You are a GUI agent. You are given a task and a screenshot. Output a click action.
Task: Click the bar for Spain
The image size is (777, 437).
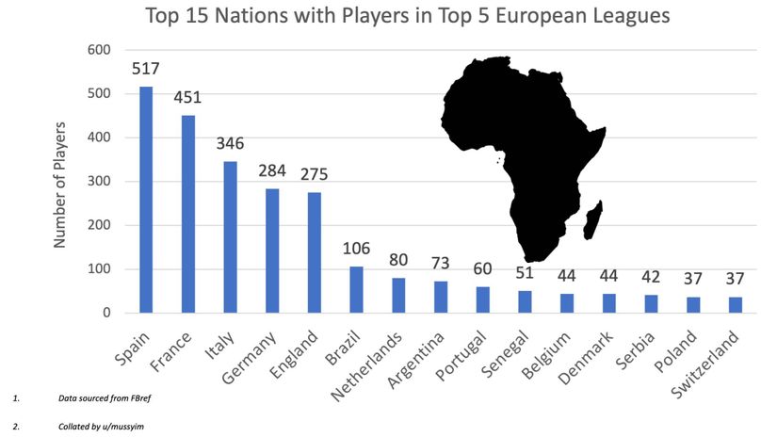point(146,200)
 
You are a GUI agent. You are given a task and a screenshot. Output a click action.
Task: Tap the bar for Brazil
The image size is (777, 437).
point(356,289)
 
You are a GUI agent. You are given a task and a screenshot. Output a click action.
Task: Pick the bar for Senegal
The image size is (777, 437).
point(525,301)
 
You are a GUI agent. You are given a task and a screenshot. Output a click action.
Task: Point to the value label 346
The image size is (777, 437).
point(230,144)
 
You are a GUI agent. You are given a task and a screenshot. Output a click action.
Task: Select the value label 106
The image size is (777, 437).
point(356,250)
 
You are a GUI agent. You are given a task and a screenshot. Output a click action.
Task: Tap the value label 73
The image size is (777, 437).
point(441,264)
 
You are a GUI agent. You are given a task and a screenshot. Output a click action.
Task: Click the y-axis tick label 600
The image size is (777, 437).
point(99,50)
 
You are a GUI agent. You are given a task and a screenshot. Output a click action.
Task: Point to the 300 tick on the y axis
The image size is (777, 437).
point(99,182)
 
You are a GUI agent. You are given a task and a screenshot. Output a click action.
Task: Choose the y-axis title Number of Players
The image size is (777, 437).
point(59,183)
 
